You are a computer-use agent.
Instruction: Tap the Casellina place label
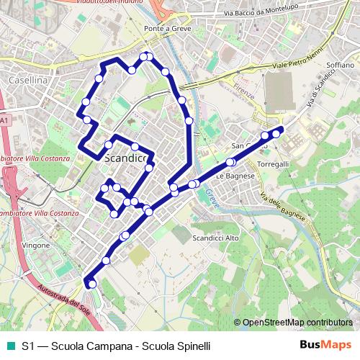(28, 81)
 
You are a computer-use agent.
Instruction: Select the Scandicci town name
(126, 157)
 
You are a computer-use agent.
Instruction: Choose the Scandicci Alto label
(216, 238)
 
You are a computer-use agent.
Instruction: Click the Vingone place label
(36, 246)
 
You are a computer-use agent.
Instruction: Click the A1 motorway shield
(4, 121)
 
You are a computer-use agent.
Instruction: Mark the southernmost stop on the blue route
(91, 285)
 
